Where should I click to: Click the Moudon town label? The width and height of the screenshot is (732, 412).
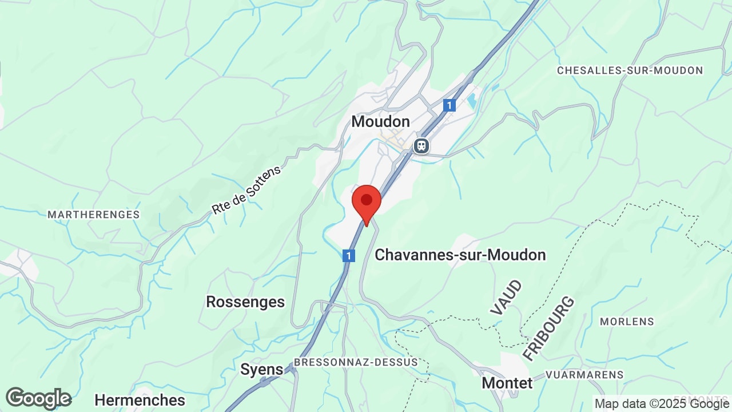click(380, 121)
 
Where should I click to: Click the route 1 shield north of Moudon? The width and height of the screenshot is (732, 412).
click(449, 105)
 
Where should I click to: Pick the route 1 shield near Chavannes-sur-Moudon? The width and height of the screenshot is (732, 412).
click(348, 256)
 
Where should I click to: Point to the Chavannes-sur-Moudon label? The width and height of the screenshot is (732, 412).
click(460, 255)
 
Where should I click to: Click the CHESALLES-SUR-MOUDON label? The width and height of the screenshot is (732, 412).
click(630, 70)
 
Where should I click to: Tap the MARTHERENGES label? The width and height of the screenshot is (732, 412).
click(93, 215)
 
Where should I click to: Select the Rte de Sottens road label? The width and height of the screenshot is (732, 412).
click(246, 190)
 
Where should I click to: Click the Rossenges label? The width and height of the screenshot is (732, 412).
click(245, 302)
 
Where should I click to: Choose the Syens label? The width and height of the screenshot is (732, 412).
click(261, 370)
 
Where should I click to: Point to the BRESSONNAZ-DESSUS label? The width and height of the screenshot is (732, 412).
click(356, 362)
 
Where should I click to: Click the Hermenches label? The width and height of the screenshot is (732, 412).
click(140, 399)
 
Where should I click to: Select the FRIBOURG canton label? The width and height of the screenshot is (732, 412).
click(548, 328)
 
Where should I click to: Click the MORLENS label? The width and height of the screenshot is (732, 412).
click(626, 322)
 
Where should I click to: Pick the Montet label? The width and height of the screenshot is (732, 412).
click(507, 382)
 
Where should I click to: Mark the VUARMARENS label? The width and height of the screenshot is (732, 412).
click(584, 375)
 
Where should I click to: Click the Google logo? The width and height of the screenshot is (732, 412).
click(38, 398)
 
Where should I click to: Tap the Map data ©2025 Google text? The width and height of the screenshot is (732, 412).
click(661, 404)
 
